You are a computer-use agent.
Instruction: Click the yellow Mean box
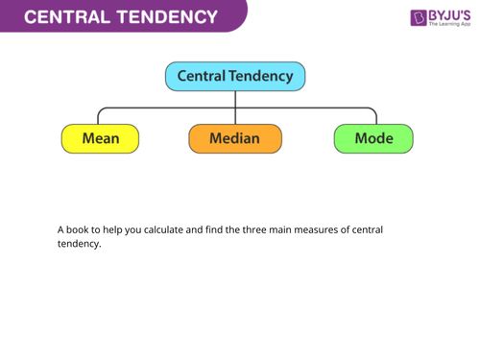click(x=100, y=138)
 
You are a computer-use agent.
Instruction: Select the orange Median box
click(x=236, y=138)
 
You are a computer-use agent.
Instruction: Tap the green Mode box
click(x=373, y=138)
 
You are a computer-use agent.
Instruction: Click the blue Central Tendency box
click(x=235, y=77)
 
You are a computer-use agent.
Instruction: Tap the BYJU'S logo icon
click(x=420, y=17)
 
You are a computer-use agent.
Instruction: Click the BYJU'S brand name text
click(x=453, y=14)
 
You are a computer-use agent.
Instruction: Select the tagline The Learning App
click(x=451, y=26)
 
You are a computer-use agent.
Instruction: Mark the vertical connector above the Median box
click(x=235, y=108)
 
